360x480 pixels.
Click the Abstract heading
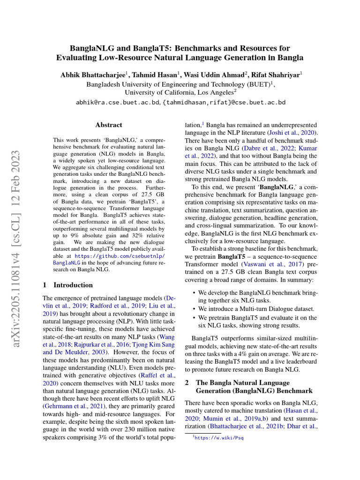click(x=108, y=125)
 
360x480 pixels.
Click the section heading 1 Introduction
click(x=68, y=285)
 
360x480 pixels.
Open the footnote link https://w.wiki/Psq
click(x=219, y=438)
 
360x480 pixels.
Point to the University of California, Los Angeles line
click(x=180, y=93)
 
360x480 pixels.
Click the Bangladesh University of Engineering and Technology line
click(x=180, y=84)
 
